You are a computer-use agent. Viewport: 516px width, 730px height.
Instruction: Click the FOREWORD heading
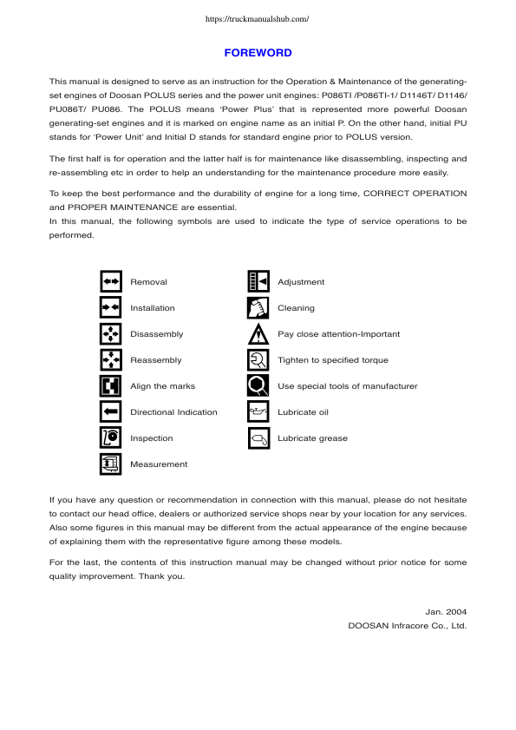tap(258, 53)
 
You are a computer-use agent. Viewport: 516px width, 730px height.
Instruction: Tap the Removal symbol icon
tap(110, 282)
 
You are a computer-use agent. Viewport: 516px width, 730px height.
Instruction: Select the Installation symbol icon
tap(110, 308)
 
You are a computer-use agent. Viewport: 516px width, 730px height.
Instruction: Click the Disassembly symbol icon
tap(110, 334)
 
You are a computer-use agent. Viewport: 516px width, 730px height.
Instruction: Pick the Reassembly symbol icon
tap(110, 360)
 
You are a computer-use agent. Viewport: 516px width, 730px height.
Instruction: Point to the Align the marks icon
tap(110, 386)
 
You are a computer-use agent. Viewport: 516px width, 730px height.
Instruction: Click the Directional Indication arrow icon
tap(110, 412)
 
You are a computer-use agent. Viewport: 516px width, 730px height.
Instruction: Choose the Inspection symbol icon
tap(110, 438)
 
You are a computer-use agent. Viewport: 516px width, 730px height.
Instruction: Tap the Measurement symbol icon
tap(110, 464)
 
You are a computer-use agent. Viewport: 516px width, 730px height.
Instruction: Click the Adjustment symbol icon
tap(258, 282)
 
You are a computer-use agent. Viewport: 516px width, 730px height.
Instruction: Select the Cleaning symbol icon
tap(258, 308)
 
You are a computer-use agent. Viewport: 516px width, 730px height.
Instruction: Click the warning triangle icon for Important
tap(258, 334)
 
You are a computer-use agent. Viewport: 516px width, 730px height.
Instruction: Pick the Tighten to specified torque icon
tap(258, 360)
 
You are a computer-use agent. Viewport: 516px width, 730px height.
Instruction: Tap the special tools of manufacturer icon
tap(258, 386)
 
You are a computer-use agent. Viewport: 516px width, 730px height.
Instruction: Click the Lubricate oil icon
tap(258, 412)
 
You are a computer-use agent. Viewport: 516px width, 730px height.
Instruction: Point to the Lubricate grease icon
tap(258, 438)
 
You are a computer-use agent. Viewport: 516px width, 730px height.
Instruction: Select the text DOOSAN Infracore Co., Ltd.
tap(408, 625)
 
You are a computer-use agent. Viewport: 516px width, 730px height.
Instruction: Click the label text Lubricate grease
tap(312, 438)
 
